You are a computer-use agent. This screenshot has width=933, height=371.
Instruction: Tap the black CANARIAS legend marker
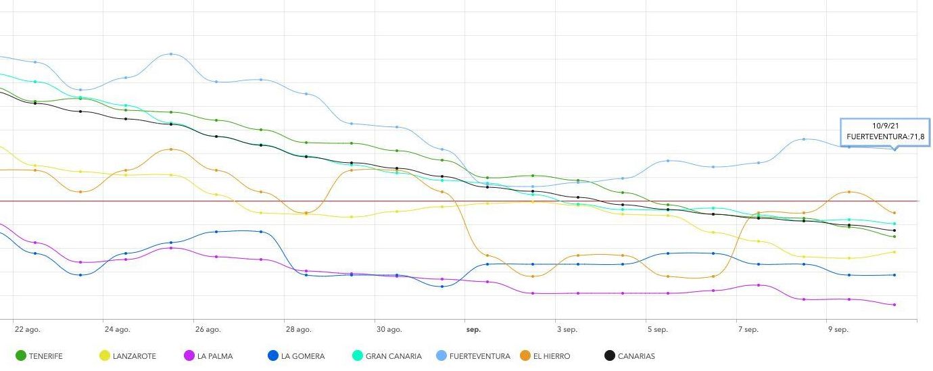coord(609,356)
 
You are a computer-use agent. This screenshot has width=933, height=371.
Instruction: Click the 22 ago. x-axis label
coord(27,330)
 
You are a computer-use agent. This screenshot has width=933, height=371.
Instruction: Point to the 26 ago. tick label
coord(208,330)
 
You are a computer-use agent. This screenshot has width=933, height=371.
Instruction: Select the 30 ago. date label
coord(389,330)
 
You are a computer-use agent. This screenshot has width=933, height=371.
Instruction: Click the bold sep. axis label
coord(473,330)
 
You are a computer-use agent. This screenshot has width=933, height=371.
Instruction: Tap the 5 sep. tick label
coord(657,330)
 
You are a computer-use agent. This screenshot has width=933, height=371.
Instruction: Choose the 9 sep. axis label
coord(838,330)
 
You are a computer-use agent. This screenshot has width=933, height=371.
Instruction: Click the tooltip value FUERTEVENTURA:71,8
coord(885,137)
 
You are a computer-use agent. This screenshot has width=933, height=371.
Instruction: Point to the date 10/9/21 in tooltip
coord(885,126)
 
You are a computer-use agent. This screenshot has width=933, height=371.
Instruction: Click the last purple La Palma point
coord(894,305)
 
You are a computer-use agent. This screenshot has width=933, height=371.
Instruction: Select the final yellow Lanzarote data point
coord(894,252)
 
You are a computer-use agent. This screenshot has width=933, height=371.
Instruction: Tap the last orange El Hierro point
coord(894,213)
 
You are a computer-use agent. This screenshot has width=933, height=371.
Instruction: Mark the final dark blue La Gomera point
coord(894,275)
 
